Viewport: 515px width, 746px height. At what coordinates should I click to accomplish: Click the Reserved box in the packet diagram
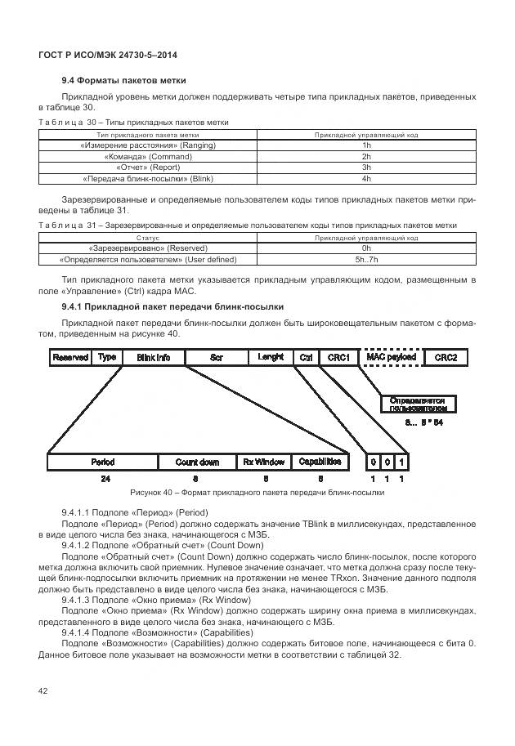point(70,358)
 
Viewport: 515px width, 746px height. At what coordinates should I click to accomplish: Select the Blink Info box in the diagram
point(153,358)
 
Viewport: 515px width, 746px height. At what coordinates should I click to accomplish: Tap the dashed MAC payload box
point(391,358)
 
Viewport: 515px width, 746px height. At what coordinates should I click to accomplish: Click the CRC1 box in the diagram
point(338,358)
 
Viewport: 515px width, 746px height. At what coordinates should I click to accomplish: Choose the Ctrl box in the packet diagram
point(307,358)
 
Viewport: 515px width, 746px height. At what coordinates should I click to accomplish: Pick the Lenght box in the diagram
point(271,358)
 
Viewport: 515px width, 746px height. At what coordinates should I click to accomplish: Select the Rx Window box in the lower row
point(263,462)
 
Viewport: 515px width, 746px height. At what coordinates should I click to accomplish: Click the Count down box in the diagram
point(197,462)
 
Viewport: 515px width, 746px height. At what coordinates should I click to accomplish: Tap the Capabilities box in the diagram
point(320,462)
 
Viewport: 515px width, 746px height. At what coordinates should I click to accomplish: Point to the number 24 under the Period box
point(105,478)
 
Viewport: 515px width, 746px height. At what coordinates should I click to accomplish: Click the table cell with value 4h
point(366,177)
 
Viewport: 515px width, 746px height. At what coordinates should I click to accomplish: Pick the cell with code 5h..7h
point(366,259)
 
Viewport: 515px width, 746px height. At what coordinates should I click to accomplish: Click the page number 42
point(43,691)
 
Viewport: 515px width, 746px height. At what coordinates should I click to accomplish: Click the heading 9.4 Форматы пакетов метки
point(124,80)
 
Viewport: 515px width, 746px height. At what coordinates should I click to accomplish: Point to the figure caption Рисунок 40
point(257,493)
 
